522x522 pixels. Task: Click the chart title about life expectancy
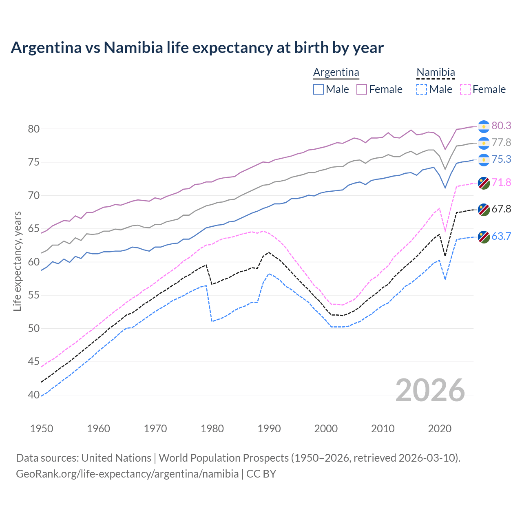[197, 48]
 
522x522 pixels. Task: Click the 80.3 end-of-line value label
[501, 126]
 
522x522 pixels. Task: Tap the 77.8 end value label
[501, 142]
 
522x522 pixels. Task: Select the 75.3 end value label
[501, 159]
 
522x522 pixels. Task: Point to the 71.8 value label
[501, 182]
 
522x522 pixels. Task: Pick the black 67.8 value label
[501, 209]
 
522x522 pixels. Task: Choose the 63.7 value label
[501, 236]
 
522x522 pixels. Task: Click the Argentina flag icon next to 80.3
[484, 126]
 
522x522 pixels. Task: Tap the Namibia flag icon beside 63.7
[484, 237]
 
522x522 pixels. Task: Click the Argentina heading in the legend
[336, 72]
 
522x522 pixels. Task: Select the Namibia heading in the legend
[436, 72]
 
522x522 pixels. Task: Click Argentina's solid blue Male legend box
[319, 89]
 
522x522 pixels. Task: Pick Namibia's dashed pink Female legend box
[465, 89]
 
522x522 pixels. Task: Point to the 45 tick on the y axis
[34, 362]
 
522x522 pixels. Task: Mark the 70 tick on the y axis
[34, 196]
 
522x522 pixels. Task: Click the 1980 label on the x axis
[212, 429]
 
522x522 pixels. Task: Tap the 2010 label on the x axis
[383, 429]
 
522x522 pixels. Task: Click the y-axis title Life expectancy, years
[17, 261]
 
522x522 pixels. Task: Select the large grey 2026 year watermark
[430, 390]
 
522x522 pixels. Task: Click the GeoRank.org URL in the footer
[127, 474]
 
